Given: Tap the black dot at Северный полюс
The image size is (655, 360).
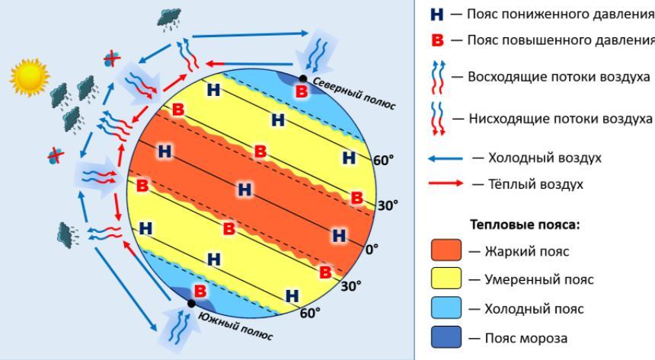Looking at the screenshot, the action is [303, 78].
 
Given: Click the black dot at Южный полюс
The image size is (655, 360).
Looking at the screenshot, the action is [191, 304].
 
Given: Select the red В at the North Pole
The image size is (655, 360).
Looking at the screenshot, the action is [302, 91].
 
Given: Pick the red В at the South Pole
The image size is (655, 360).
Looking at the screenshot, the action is [200, 291].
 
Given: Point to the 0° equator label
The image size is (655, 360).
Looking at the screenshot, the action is [372, 250].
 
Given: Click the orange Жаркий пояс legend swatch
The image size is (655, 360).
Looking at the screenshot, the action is [446, 250].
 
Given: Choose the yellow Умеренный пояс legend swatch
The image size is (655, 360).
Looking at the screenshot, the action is [446, 278].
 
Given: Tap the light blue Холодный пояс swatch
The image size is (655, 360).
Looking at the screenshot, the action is [446, 307].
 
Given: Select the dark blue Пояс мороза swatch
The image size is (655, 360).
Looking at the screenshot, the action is [446, 337].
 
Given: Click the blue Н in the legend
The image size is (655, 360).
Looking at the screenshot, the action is [436, 14].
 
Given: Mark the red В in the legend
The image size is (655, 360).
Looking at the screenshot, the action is [437, 40].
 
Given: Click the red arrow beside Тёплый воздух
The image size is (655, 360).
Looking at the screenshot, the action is [446, 183].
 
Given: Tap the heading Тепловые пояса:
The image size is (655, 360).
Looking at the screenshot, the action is [525, 225].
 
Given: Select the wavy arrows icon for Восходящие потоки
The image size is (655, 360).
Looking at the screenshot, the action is [438, 78].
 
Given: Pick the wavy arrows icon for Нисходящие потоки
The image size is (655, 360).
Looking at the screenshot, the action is [438, 119].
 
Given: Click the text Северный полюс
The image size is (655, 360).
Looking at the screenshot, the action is [353, 93].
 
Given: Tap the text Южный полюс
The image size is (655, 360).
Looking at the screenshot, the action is [236, 326].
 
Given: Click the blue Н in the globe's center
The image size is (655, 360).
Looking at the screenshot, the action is [244, 190].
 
